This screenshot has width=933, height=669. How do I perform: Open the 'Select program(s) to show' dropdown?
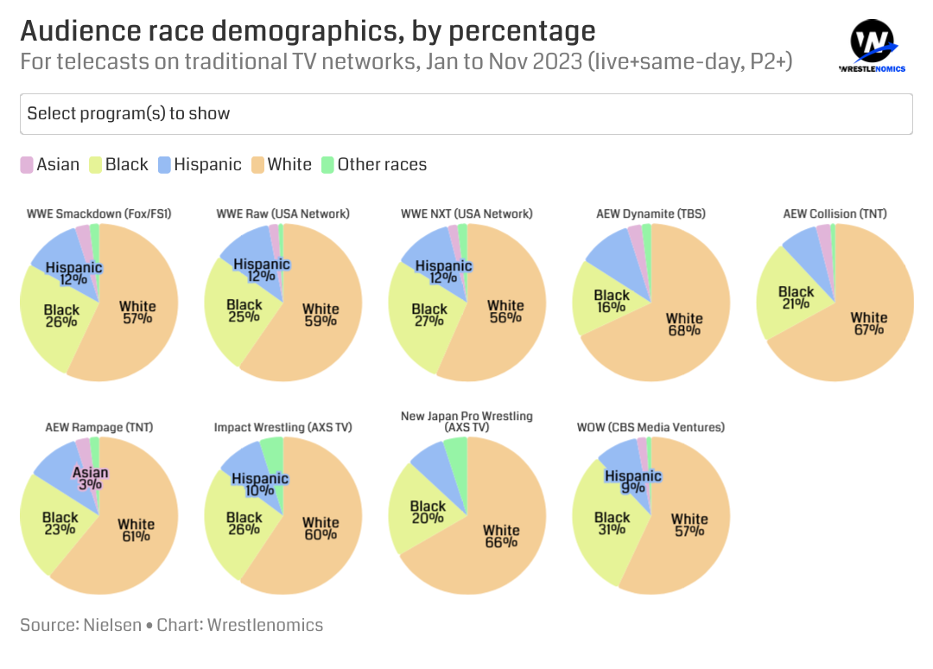(466, 113)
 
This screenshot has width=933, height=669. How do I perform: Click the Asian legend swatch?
(27, 164)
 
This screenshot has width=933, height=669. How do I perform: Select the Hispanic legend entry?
(200, 164)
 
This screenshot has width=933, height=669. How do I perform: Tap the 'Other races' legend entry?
(373, 164)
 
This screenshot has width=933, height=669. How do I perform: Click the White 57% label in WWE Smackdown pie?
(136, 312)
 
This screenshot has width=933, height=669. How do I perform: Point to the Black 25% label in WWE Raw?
(244, 310)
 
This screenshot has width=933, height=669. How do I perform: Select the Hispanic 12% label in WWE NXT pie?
(443, 271)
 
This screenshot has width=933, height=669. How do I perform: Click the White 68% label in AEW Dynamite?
(684, 324)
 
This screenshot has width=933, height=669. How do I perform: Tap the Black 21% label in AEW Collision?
(796, 297)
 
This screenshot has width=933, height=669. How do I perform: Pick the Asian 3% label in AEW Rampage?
(91, 479)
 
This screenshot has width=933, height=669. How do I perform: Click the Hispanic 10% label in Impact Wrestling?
(260, 485)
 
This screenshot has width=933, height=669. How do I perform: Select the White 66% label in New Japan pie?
(501, 536)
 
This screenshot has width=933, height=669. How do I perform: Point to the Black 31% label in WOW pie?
(612, 523)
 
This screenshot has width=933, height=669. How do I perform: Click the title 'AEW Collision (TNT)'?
(835, 213)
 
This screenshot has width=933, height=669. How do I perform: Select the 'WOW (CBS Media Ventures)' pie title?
(651, 427)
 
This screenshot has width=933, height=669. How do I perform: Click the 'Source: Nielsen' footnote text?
(80, 624)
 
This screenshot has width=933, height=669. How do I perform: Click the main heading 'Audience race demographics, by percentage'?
(308, 31)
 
